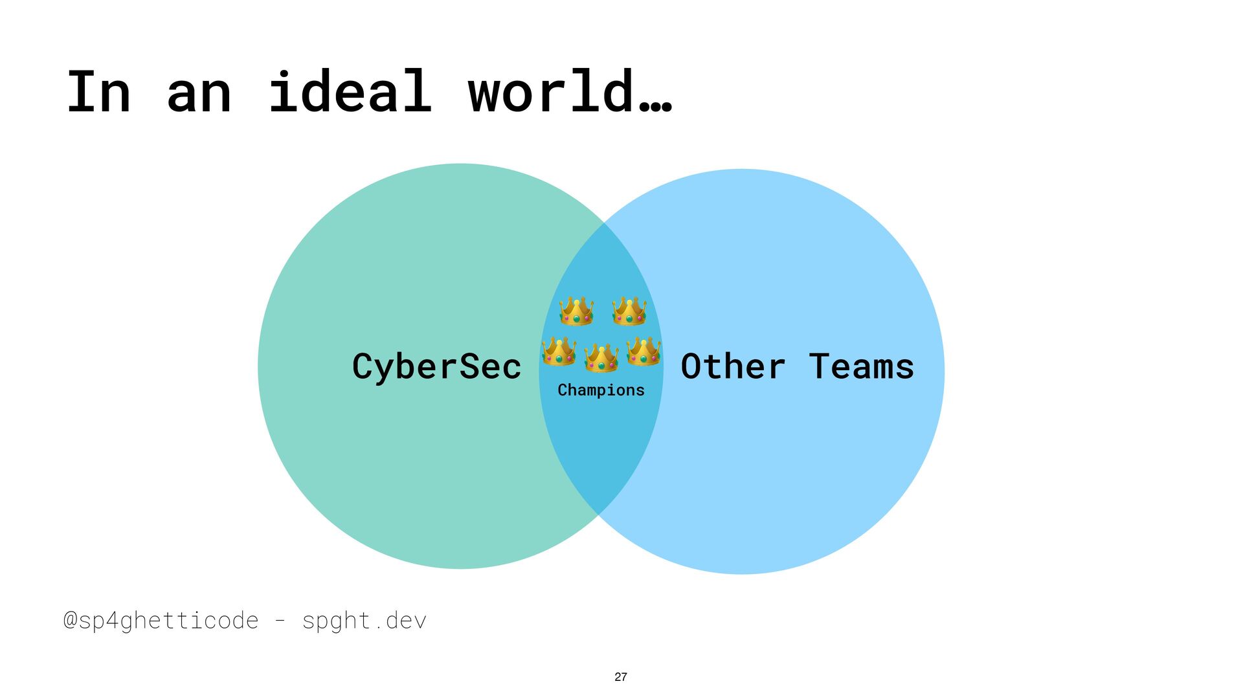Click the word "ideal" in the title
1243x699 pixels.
[x=350, y=92]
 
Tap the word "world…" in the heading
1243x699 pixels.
[x=570, y=92]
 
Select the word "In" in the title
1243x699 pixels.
[x=99, y=92]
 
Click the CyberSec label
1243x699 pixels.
[x=436, y=366]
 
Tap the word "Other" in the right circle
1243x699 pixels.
[x=733, y=366]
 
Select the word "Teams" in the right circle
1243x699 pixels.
[x=861, y=366]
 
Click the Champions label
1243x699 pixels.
[x=601, y=390]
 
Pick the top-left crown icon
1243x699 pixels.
[x=576, y=311]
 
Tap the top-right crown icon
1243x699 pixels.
[x=629, y=311]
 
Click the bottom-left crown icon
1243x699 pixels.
[x=559, y=352]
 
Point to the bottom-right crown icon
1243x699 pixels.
[x=644, y=352]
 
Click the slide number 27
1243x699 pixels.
[x=621, y=677]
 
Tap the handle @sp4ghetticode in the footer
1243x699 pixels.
[x=161, y=621]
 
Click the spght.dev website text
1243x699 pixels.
[x=364, y=621]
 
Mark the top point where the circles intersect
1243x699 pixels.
[x=603, y=223]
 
